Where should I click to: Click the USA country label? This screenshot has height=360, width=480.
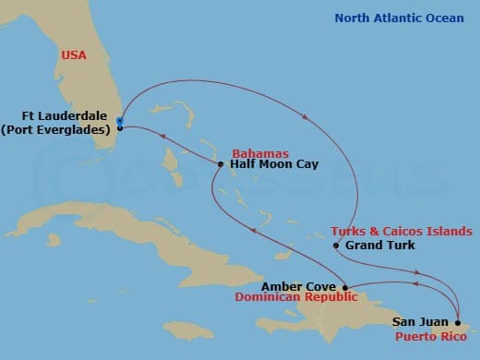pyautogui.click(x=73, y=55)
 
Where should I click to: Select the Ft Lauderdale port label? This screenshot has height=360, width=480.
pyautogui.click(x=66, y=116)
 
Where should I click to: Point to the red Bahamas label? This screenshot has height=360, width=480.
pyautogui.click(x=260, y=152)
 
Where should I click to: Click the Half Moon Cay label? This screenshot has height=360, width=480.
pyautogui.click(x=274, y=164)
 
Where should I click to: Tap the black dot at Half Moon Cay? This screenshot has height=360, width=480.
pyautogui.click(x=220, y=165)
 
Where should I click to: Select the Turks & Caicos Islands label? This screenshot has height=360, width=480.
pyautogui.click(x=401, y=231)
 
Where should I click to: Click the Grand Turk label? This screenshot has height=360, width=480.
pyautogui.click(x=379, y=246)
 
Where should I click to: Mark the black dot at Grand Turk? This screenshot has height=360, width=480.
pyautogui.click(x=336, y=246)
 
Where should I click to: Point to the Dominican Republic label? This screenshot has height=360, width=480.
pyautogui.click(x=294, y=298)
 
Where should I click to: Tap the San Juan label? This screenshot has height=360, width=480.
pyautogui.click(x=422, y=322)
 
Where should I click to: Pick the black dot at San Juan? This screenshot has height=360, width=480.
pyautogui.click(x=458, y=322)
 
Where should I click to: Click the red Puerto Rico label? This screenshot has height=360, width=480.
pyautogui.click(x=428, y=336)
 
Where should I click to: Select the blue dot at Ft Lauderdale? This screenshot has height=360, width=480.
pyautogui.click(x=120, y=121)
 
